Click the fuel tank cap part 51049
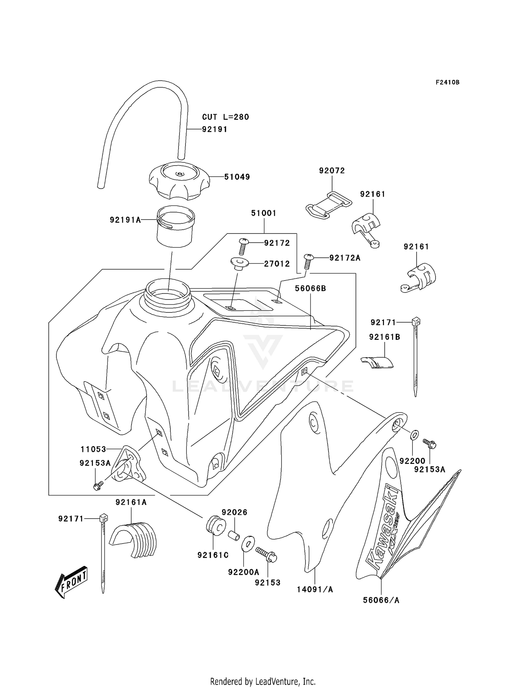click(179, 180)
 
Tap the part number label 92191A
click(125, 220)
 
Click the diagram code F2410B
click(447, 82)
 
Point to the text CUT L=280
click(225, 117)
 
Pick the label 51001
click(264, 213)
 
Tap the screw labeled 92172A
click(307, 261)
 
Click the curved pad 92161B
click(377, 362)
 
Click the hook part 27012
click(239, 263)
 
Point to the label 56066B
click(310, 288)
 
